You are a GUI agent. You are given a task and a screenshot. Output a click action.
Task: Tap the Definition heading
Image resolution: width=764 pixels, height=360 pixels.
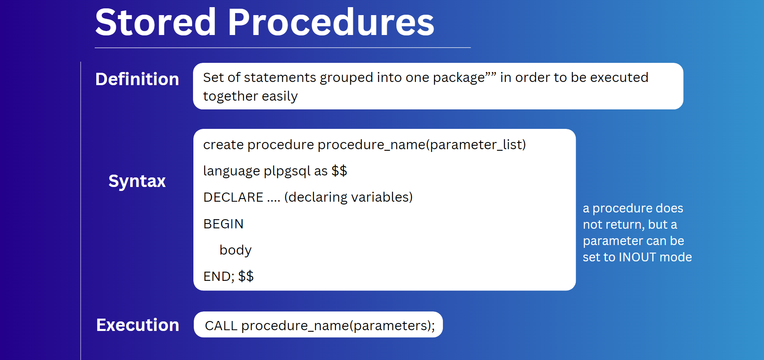[x=137, y=79]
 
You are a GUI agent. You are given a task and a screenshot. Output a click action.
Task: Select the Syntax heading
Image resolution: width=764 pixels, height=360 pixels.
[x=137, y=181]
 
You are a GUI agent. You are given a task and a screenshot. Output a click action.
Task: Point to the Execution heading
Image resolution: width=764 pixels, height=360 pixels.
[x=138, y=325]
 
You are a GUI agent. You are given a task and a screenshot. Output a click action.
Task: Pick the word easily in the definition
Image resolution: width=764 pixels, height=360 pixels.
[x=280, y=97]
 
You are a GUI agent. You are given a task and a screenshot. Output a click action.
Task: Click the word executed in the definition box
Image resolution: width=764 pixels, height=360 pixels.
[x=619, y=77]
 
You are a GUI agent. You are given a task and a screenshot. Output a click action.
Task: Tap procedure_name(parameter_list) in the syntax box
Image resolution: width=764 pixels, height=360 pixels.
[x=422, y=145]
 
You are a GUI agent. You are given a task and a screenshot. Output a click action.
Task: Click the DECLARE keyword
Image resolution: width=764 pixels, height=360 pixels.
[x=233, y=197]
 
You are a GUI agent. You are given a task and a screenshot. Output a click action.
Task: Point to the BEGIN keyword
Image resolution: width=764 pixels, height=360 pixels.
[x=223, y=224]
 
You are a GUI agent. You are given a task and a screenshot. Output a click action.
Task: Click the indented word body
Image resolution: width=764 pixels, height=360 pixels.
[x=236, y=250]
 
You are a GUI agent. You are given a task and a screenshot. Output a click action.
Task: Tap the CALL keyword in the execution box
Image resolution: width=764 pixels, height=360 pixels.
[x=221, y=326]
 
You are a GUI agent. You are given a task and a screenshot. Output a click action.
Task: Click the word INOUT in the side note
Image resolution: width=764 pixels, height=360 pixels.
[x=637, y=257]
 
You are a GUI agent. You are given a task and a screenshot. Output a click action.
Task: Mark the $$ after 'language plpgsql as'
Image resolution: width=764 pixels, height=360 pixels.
[x=339, y=171]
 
